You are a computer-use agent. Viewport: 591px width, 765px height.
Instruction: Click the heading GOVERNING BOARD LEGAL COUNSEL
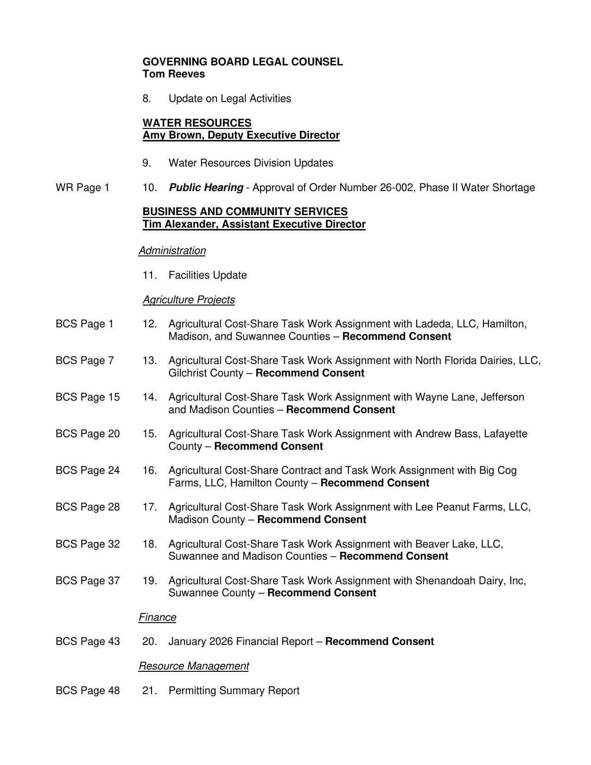[242, 62]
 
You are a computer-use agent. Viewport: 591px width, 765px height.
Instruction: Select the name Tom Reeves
[173, 74]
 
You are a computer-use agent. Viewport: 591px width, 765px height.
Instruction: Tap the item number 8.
[146, 99]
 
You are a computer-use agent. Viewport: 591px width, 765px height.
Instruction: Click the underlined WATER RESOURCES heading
[197, 123]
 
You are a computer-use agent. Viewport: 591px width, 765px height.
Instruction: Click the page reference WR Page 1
[83, 187]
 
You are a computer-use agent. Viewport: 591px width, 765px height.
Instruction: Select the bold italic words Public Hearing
[206, 187]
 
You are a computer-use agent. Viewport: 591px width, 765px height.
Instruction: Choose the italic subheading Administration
[172, 251]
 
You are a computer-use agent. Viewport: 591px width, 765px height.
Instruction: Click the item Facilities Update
[207, 275]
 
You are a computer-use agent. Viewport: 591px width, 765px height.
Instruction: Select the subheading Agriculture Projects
[189, 300]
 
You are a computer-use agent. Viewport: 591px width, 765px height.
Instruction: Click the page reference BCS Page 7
[84, 360]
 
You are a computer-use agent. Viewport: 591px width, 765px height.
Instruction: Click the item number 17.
[149, 507]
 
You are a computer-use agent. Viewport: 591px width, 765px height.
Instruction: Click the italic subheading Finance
[157, 618]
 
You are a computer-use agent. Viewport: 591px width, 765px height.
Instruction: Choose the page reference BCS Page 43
[87, 642]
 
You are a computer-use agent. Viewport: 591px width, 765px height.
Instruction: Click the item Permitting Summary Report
[234, 691]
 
